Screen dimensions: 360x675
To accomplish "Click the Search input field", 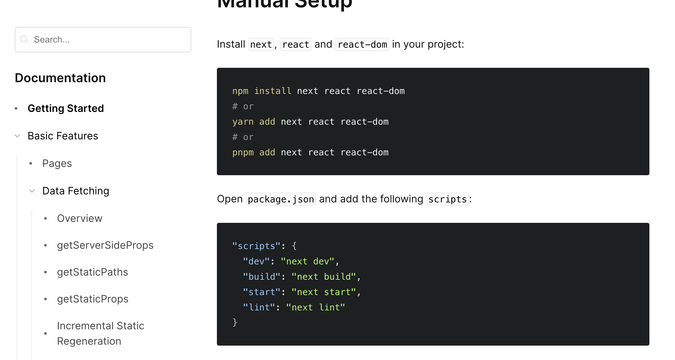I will click(109, 40).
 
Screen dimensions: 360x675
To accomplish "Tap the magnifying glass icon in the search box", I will click(24, 39).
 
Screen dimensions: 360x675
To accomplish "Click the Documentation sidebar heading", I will click(60, 78).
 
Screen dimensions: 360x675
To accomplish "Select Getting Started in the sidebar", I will click(66, 108).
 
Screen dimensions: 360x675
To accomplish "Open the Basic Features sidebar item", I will click(63, 136).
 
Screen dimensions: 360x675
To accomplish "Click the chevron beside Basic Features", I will click(18, 136).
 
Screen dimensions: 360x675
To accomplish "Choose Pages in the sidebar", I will click(57, 163).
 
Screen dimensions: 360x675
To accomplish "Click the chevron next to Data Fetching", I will click(32, 191).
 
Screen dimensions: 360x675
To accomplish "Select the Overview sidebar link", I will click(80, 218).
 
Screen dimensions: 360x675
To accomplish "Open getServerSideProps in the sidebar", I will click(105, 245).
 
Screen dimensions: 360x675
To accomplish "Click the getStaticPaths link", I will click(92, 272).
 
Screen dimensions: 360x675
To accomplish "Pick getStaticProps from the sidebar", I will click(92, 299).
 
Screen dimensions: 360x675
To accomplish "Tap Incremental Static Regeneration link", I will click(100, 333).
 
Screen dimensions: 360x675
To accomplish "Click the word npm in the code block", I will click(240, 91).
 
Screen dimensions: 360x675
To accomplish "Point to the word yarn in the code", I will click(243, 122).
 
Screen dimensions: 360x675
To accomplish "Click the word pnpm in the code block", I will click(243, 153).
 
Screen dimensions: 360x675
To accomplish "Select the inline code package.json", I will click(281, 199).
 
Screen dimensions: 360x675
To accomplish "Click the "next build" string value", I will click(323, 277).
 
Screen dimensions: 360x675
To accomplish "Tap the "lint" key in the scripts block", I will click(259, 307).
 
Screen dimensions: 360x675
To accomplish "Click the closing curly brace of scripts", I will click(235, 322).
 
